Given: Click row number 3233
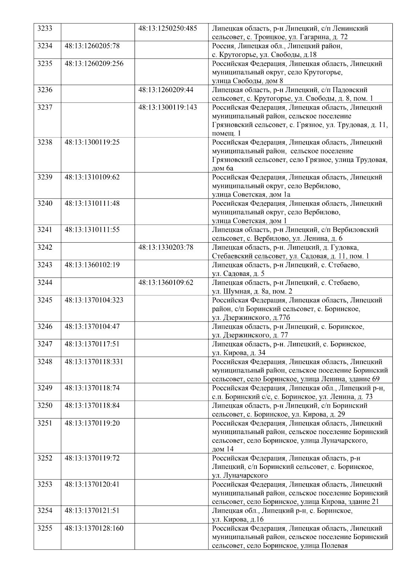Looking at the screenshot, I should pyautogui.click(x=45, y=28).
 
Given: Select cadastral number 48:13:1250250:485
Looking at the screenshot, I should pyautogui.click(x=167, y=28).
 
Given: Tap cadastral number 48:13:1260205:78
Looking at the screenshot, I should pyautogui.click(x=92, y=46).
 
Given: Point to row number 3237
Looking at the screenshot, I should pyautogui.click(x=45, y=107).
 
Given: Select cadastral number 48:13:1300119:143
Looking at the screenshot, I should pyautogui.click(x=167, y=107).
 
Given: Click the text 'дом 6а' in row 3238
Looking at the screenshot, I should pyautogui.click(x=222, y=168).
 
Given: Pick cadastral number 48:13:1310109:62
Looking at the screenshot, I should pyautogui.click(x=92, y=177).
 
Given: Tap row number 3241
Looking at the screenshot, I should pyautogui.click(x=45, y=230).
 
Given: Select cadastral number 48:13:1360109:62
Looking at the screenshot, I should pyautogui.click(x=166, y=282).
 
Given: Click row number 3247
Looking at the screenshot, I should pyautogui.click(x=45, y=344).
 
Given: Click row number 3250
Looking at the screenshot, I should pyautogui.click(x=45, y=406).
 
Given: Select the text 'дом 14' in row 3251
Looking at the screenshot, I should pyautogui.click(x=222, y=449).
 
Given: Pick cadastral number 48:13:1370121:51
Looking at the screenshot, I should pyautogui.click(x=92, y=511).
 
